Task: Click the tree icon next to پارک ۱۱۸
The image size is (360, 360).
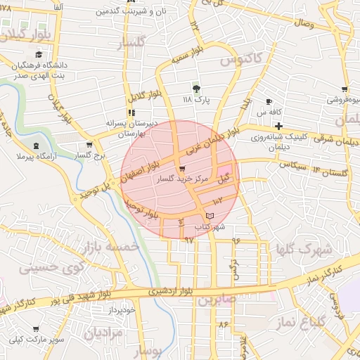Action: point(196,89)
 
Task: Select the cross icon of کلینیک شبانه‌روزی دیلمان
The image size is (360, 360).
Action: point(278,125)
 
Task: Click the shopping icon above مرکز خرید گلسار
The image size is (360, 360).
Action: point(182,169)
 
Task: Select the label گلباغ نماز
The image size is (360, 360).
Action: point(310,321)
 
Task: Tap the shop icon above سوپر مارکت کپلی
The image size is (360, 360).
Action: point(36,328)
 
